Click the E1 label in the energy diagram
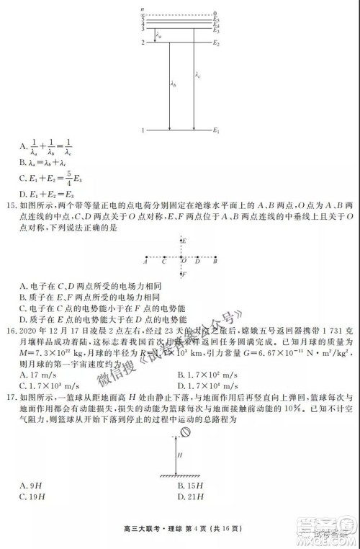tap(216, 130)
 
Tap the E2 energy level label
tap(216, 43)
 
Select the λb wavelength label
tap(174, 85)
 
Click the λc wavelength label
tap(197, 74)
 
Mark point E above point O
tap(185, 240)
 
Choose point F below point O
tap(185, 274)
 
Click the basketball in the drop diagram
tap(184, 432)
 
